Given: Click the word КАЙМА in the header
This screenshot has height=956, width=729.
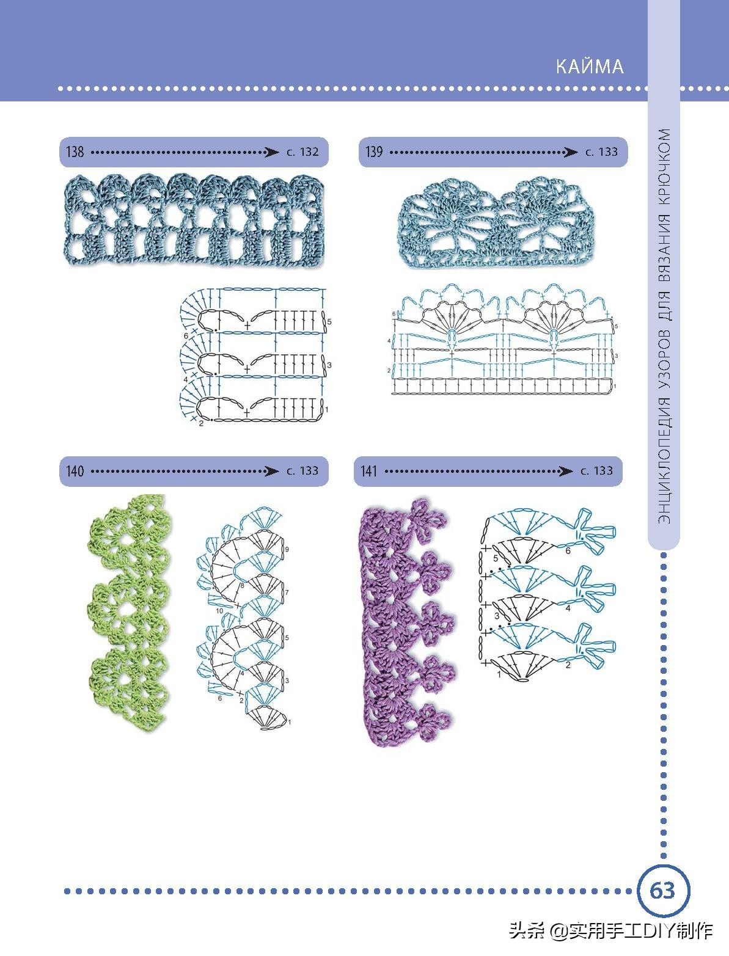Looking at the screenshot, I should [x=590, y=66].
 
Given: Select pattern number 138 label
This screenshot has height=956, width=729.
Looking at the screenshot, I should [x=75, y=151].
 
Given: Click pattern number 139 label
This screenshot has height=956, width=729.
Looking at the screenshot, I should [x=374, y=151].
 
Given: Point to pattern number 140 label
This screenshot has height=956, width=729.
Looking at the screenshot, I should [x=75, y=471].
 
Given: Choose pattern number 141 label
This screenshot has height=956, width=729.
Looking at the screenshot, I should [x=369, y=471].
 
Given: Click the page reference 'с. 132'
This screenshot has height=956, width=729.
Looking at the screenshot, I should [x=302, y=152].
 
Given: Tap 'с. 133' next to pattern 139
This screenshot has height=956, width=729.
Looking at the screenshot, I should [x=602, y=152].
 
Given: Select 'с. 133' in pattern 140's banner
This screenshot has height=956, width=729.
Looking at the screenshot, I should [x=302, y=471].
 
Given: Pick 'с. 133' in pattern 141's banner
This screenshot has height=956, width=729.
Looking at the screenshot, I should [x=596, y=471].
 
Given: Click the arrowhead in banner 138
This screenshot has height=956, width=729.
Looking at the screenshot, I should [x=271, y=152].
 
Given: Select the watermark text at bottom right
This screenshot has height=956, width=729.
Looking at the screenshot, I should [x=611, y=930].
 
